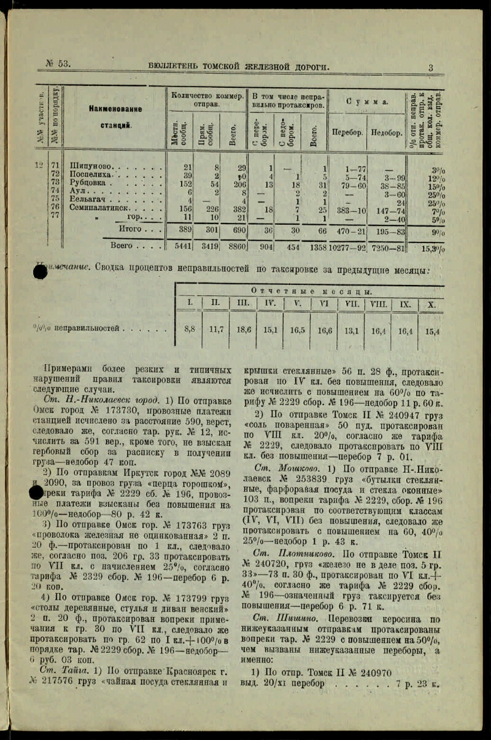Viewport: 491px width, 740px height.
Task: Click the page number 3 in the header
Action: [431, 68]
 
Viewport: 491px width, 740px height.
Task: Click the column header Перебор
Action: [347, 131]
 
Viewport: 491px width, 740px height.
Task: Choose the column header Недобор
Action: [386, 131]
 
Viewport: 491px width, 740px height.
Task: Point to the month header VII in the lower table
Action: [352, 303]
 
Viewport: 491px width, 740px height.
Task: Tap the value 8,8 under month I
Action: [190, 329]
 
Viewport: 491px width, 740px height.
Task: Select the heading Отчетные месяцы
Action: [312, 291]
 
